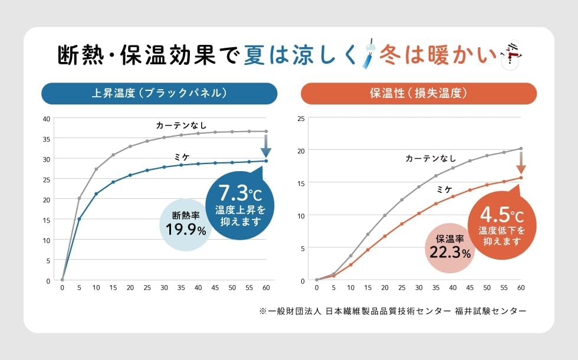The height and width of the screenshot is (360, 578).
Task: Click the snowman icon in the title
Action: tap(511, 55)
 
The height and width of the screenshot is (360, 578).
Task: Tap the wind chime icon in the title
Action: tap(369, 55)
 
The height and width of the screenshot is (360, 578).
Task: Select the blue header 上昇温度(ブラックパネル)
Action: tap(159, 93)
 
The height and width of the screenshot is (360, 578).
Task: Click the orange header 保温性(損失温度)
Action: tap(419, 93)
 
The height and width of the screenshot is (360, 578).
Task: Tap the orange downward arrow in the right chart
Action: tap(521, 162)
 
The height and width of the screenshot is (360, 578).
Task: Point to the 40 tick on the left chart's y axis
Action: tap(46, 119)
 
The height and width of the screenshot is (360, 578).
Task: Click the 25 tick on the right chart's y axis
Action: tap(301, 119)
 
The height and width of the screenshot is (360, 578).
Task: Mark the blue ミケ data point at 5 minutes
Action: tap(79, 219)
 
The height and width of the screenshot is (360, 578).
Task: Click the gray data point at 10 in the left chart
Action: tap(96, 169)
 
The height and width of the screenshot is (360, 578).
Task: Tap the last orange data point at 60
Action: tap(521, 177)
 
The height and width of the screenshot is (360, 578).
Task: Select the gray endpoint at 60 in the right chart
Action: tap(521, 149)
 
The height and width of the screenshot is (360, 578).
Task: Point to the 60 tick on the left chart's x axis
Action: tap(266, 288)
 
